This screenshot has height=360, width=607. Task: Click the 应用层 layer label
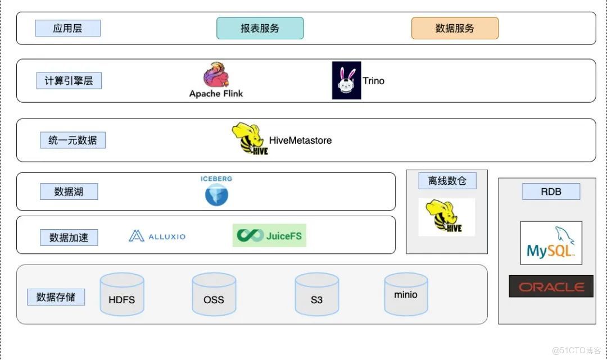(67, 28)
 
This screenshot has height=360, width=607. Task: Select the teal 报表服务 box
(260, 28)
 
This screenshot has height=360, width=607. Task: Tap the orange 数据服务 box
(455, 28)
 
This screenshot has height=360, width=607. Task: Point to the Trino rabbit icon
(346, 80)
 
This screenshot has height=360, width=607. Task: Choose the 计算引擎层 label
(69, 80)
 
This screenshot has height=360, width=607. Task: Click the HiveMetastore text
(300, 140)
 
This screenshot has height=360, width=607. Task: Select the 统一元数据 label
(73, 140)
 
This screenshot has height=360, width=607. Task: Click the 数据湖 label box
(69, 192)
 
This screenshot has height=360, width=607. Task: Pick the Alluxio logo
(157, 236)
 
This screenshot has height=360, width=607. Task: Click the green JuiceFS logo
(269, 235)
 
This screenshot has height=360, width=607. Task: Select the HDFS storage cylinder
(121, 294)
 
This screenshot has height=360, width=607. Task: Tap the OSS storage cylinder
(214, 294)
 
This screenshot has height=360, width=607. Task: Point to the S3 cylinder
(316, 294)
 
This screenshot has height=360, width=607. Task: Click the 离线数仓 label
(447, 181)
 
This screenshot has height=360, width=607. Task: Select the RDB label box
(551, 192)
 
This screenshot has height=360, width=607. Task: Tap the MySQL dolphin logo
(551, 243)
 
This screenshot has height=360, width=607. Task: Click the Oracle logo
(551, 286)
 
